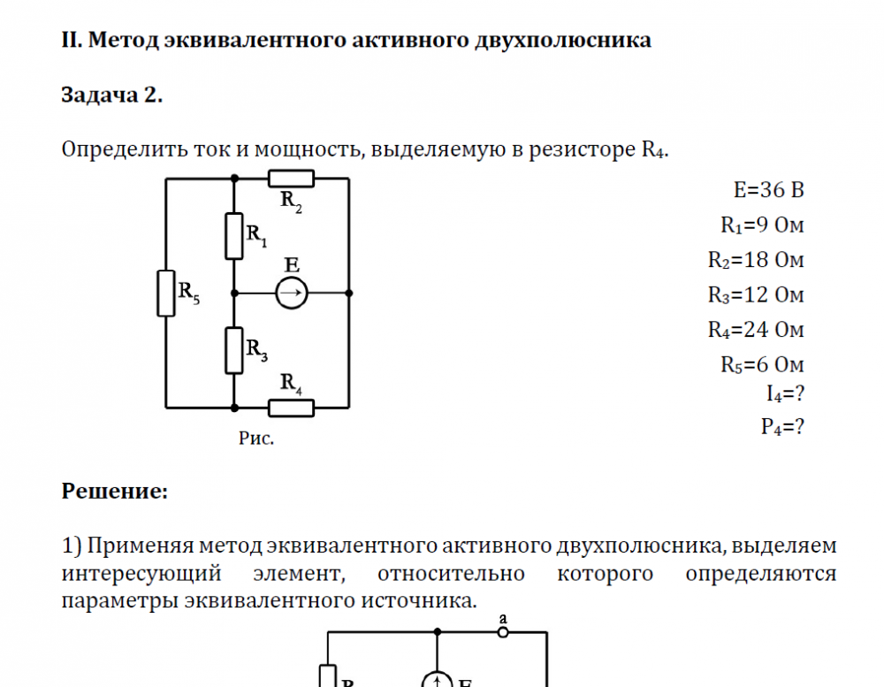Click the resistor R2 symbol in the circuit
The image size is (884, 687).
[291, 179]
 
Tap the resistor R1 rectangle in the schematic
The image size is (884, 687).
[234, 235]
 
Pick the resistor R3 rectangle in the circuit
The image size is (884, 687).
[234, 350]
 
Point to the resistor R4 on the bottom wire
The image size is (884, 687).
[291, 408]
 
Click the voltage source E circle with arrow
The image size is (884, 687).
[291, 293]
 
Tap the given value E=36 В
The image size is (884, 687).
[768, 190]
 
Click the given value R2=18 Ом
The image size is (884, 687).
[756, 260]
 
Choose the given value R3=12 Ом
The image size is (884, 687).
[756, 294]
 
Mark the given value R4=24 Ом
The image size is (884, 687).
[756, 330]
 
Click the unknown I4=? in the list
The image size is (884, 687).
[785, 392]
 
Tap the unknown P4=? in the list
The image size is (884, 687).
[782, 427]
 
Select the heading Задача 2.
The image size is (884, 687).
[112, 95]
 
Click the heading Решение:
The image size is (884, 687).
[114, 491]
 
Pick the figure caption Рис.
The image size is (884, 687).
[256, 439]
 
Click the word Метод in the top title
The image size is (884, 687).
[125, 41]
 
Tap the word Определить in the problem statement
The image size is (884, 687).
[124, 149]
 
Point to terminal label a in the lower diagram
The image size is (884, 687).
[503, 619]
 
